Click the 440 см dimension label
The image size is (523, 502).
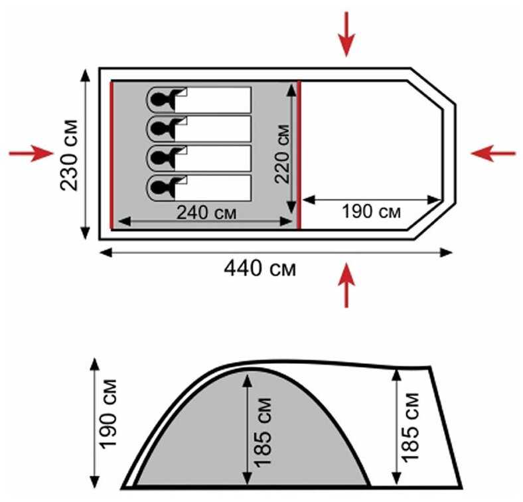point(260,268)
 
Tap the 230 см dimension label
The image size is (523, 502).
point(69,155)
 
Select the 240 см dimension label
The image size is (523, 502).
point(206,212)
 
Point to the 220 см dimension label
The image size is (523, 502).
point(282,154)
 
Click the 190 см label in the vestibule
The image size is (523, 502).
point(371,212)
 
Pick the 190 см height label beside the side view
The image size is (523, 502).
point(109,414)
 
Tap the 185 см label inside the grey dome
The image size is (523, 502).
point(263,432)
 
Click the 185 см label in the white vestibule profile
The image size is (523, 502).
point(410,428)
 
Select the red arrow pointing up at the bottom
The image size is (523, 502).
point(346,285)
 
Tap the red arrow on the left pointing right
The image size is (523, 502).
point(31,153)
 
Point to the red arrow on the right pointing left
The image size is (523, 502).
point(493,153)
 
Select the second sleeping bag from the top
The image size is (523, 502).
point(198,129)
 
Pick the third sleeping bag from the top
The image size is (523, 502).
point(198,158)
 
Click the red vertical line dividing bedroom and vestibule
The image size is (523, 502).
point(299,155)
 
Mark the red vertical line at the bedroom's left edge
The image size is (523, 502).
point(112,155)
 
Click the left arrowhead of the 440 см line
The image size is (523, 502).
point(106,253)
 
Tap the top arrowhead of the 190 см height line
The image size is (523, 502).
point(95,364)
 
